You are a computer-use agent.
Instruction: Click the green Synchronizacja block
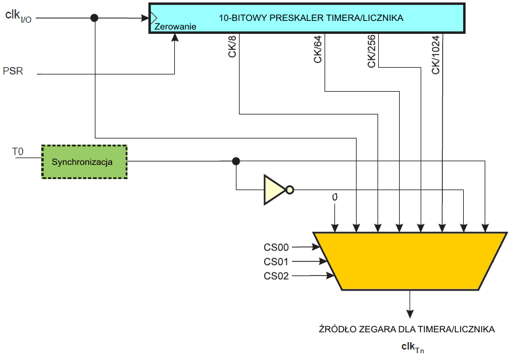tap(84, 161)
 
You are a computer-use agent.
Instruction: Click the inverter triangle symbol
tap(273, 190)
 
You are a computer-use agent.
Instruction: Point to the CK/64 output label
tap(318, 49)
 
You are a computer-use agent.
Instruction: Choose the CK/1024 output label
tap(435, 55)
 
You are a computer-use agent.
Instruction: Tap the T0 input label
tap(18, 151)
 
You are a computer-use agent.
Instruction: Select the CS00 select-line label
tap(276, 247)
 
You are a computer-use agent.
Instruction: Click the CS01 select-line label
tap(276, 262)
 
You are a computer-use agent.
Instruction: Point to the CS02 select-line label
tap(276, 276)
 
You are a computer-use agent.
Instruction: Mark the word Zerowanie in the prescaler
tap(176, 27)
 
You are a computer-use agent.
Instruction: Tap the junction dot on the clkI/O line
tap(94, 18)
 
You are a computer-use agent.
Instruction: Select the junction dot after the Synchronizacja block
tap(236, 161)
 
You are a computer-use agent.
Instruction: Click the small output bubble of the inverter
tap(290, 190)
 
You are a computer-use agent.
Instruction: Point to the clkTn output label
tap(410, 348)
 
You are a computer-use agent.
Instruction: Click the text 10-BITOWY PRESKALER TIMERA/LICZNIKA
tap(311, 18)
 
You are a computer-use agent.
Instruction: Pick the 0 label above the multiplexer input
tap(334, 198)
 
